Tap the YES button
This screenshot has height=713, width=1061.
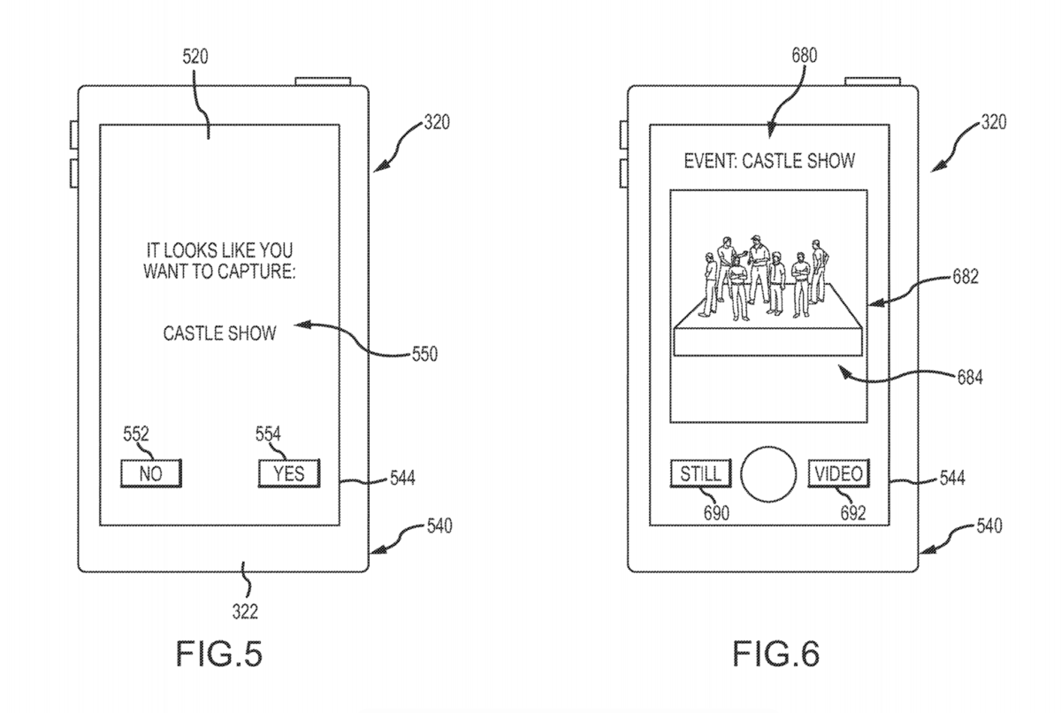288,473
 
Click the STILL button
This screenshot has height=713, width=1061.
700,473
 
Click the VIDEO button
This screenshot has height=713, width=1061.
839,473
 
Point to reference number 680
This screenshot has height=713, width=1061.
805,56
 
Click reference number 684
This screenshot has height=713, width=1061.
969,379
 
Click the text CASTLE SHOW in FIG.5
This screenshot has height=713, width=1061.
219,333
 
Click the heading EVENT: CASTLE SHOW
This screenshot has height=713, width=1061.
770,162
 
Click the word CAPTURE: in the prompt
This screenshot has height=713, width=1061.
253,271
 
